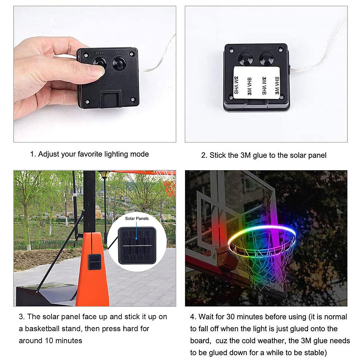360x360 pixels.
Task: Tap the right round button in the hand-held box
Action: tap(119, 63)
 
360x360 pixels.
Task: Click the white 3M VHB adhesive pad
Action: tap(256, 85)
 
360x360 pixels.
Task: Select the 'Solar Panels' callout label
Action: tap(137, 218)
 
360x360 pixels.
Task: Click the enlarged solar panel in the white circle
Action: tap(137, 245)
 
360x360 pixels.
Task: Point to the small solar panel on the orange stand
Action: tap(95, 262)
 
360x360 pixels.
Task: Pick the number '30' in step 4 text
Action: tap(230, 317)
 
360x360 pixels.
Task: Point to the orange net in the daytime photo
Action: tap(169, 187)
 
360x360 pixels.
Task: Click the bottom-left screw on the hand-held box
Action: tap(87, 102)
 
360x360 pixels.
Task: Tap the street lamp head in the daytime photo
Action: tap(104, 175)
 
